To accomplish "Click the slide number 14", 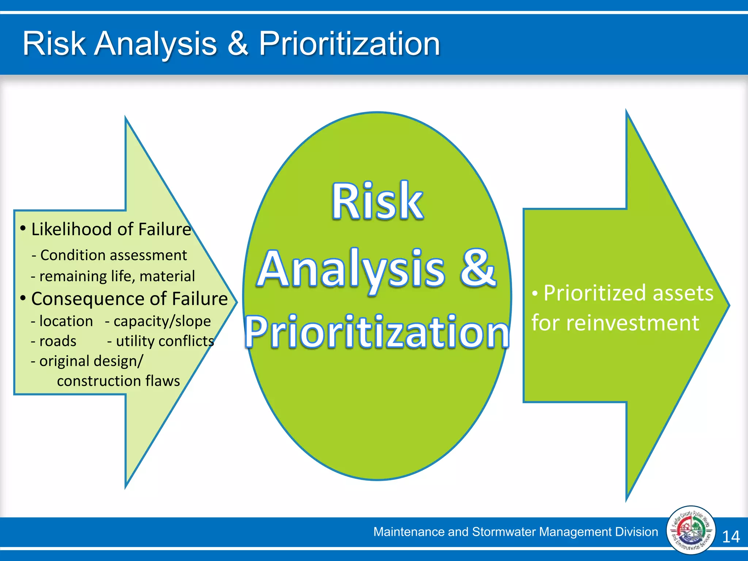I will click(731, 537).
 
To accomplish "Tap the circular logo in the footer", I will click(690, 530).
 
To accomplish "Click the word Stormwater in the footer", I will click(504, 532).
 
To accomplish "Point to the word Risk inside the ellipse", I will click(377, 202).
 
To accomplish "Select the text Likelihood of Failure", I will click(111, 229).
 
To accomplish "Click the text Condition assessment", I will click(114, 255).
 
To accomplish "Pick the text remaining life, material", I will click(117, 276).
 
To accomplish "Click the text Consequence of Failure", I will click(129, 299).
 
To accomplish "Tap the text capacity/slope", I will click(162, 321).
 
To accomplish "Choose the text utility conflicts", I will click(165, 341).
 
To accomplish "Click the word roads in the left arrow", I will click(58, 341).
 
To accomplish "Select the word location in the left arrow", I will click(66, 321).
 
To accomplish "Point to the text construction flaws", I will click(118, 381).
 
